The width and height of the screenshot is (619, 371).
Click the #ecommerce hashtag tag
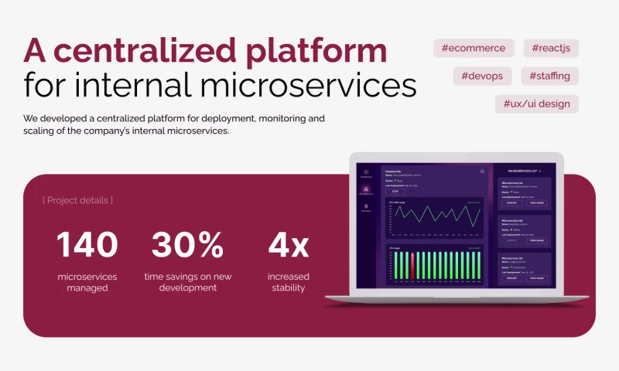pos(474,48)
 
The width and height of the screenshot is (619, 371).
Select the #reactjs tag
pos(551,48)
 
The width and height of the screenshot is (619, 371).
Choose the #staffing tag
pos(549,76)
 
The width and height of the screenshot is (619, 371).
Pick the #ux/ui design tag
pos(536,104)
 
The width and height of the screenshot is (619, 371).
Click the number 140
pos(87,244)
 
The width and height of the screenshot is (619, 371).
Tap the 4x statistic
pos(288,244)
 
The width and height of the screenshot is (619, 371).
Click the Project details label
pos(77,200)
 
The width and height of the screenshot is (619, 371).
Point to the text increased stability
pos(288,282)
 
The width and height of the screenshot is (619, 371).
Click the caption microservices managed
pos(87,282)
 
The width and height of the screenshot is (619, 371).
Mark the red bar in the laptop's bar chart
pos(412,265)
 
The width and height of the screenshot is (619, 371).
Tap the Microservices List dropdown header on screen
pos(524,169)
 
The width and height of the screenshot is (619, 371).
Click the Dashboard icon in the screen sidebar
pos(366,173)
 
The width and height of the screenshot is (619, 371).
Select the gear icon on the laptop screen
pos(482,171)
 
